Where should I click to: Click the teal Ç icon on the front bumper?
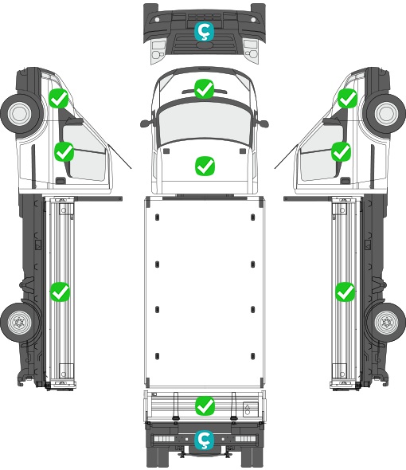pos(205,31)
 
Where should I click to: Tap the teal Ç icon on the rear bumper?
pos(205,440)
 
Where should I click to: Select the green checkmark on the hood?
pos(205,166)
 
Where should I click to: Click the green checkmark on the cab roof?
pos(204,88)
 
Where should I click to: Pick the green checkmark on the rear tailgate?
pos(205,406)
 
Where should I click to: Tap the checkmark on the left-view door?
pos(64,152)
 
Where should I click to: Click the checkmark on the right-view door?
pos(341,152)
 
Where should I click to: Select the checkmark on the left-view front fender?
pos(59,98)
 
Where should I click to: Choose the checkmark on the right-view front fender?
pos(348,98)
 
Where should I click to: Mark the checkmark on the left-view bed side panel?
pos(60,292)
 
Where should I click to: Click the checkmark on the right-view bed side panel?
pos(345,292)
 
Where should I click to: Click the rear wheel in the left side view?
pos(20,323)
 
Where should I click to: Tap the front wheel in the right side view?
pos(386,113)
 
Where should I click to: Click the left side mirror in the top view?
pos(146,123)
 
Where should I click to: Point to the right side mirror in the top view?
pos(262,123)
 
